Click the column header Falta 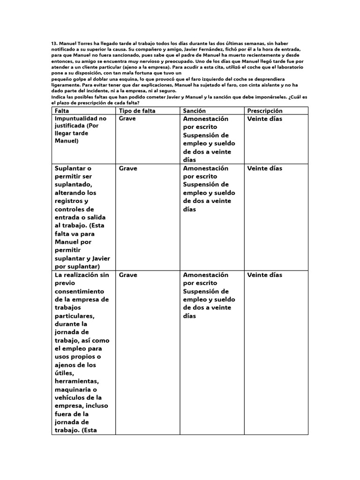tap(62, 111)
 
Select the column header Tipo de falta tap(137, 111)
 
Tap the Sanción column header tap(195, 111)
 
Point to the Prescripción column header tap(265, 111)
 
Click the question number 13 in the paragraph tap(54, 43)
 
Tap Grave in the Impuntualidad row tap(128, 119)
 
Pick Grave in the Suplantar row tap(128, 168)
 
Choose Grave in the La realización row tap(128, 275)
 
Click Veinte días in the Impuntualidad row tap(265, 119)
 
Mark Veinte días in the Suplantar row tap(265, 168)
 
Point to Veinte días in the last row tap(265, 275)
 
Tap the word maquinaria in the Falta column tap(76, 390)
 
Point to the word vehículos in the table tap(73, 398)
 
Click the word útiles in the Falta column tap(64, 374)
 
